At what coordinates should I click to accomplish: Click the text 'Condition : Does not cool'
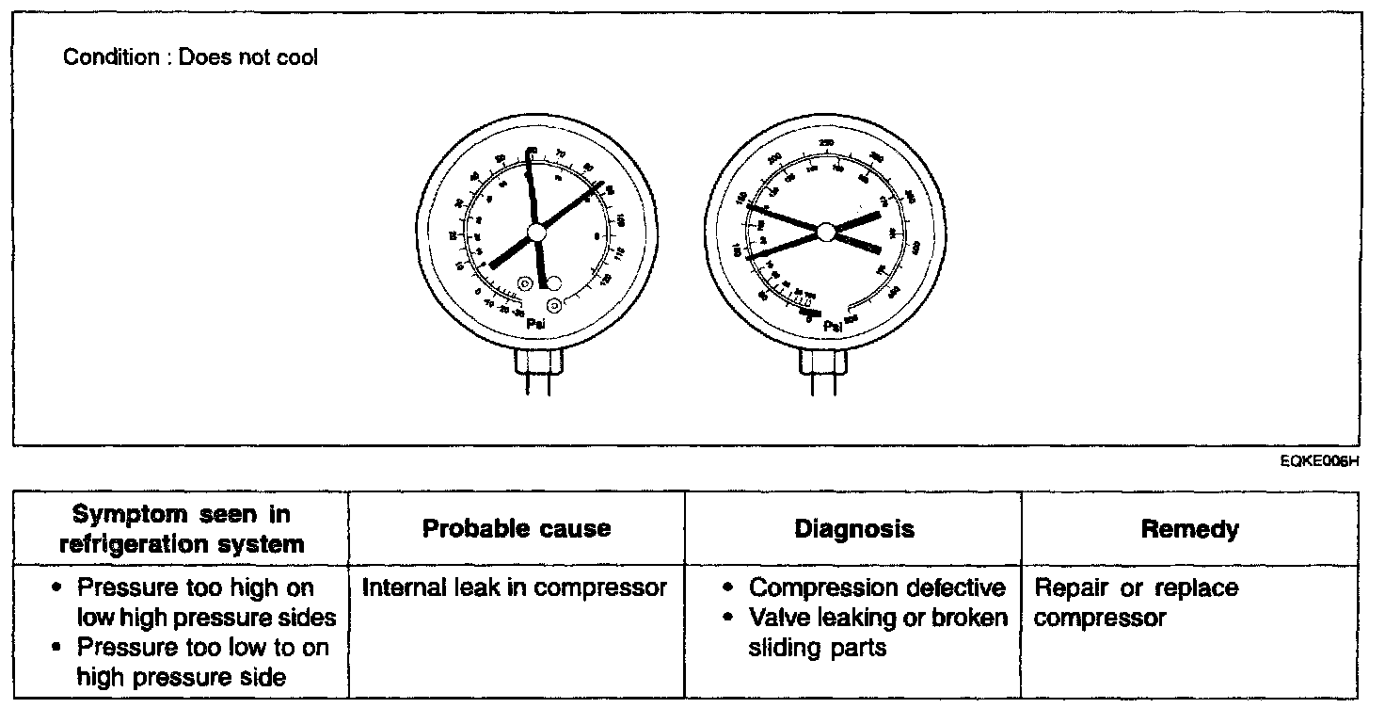click(x=191, y=57)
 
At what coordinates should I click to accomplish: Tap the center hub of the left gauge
click(x=536, y=232)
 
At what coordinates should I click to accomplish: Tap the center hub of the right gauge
click(x=826, y=231)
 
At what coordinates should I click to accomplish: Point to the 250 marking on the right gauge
click(x=826, y=142)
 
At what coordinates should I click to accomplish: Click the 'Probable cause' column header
click(x=517, y=529)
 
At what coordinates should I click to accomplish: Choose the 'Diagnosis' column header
click(x=853, y=529)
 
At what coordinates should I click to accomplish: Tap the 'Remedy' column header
click(x=1189, y=529)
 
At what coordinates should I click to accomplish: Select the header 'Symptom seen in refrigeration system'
click(x=182, y=529)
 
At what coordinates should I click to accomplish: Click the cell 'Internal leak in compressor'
click(x=515, y=588)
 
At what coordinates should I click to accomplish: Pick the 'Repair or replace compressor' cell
click(x=1137, y=603)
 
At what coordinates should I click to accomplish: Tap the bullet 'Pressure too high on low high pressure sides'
click(x=206, y=603)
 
